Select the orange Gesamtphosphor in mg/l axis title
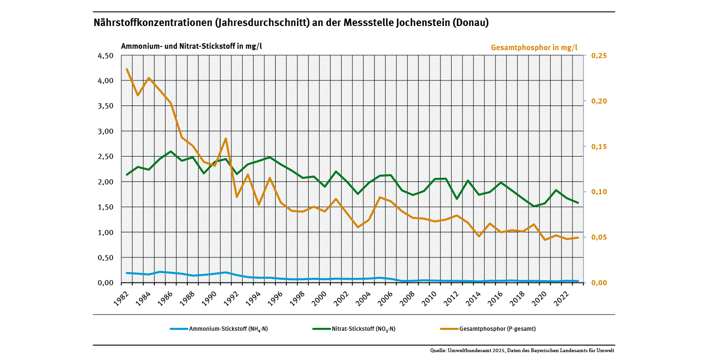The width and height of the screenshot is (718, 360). point(534,47)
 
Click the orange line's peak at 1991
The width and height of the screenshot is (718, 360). point(226,138)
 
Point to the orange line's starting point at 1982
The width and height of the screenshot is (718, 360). point(127,69)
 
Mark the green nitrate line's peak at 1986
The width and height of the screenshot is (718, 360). point(171,151)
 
